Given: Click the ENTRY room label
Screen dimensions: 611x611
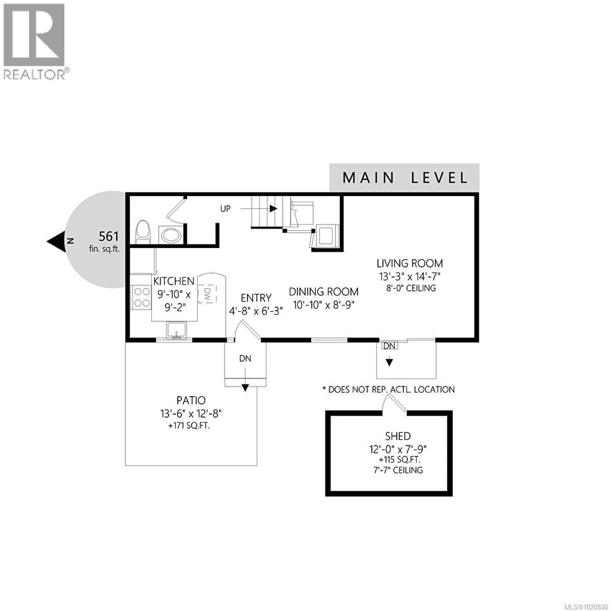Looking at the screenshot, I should (256, 298).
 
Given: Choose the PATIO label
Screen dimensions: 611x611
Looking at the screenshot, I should (191, 400).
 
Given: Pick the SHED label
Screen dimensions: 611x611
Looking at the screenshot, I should (398, 436).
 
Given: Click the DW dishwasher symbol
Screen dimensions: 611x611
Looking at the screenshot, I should (207, 294).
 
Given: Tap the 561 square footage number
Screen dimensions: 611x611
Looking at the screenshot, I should (109, 237).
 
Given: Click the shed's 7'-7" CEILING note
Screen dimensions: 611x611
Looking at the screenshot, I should (398, 470).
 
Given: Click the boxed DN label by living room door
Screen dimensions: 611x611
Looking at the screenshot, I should (389, 346).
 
